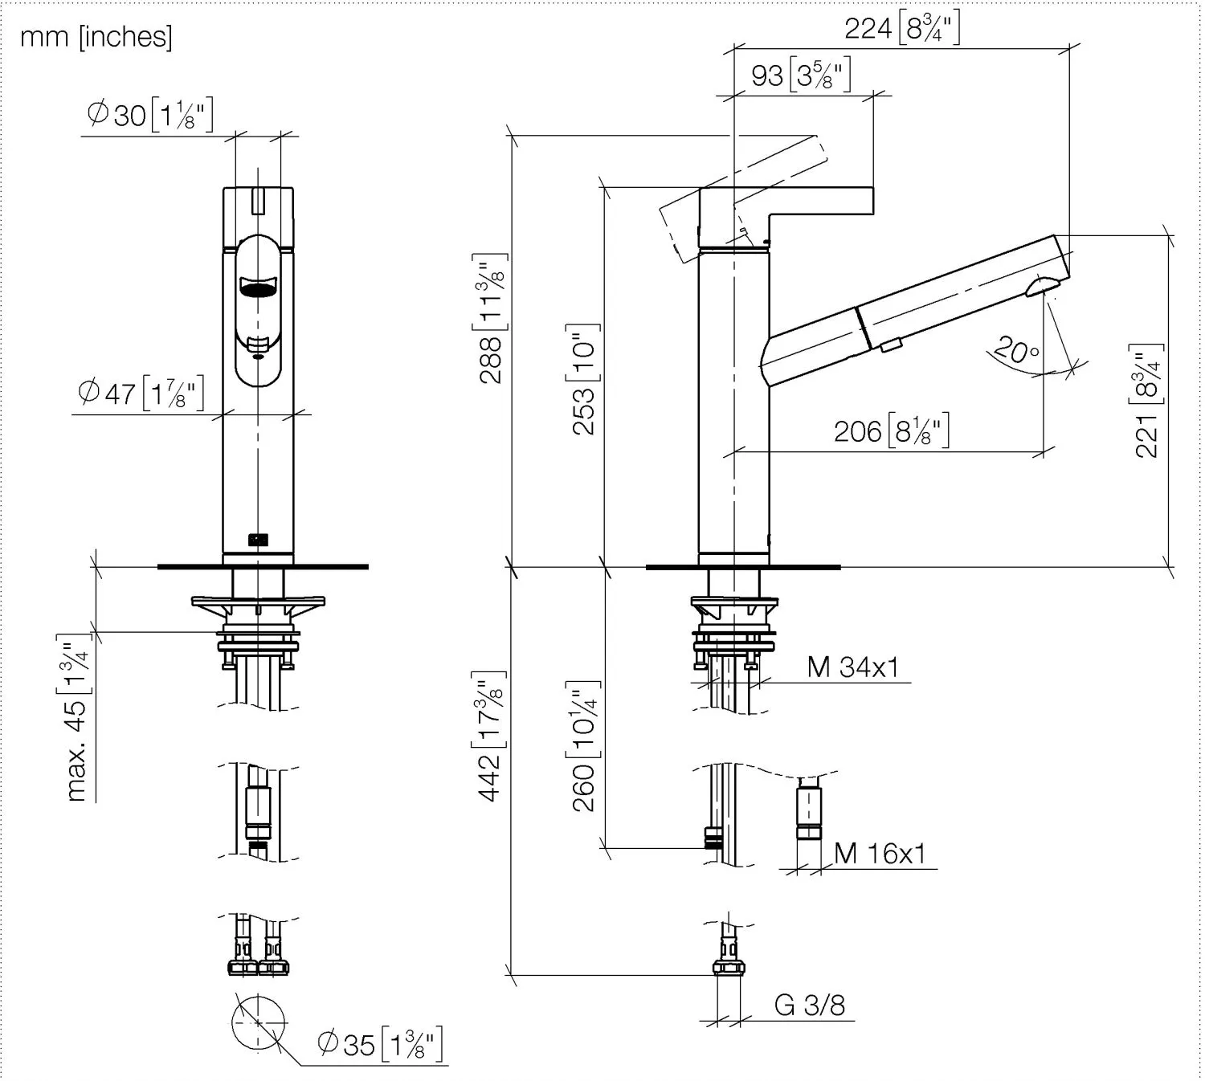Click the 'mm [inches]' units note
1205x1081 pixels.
[x=96, y=38]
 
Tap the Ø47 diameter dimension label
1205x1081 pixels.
[x=141, y=393]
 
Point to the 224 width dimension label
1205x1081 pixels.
[x=902, y=28]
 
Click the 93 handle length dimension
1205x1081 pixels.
[x=801, y=75]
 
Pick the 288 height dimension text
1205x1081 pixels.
[x=492, y=319]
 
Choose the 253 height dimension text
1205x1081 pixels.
[x=584, y=379]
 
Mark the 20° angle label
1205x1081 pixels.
[x=1017, y=349]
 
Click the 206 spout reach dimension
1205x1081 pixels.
[x=892, y=430]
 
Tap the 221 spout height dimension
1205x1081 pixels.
[x=1146, y=401]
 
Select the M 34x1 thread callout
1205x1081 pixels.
[x=853, y=667]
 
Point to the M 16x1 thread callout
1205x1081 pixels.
[x=880, y=854]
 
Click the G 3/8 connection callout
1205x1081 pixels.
[x=810, y=1005]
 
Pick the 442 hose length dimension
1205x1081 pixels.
[x=492, y=736]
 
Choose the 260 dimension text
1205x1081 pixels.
[x=584, y=746]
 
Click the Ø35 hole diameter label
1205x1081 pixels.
[x=381, y=1044]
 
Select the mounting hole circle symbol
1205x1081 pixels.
[x=259, y=1022]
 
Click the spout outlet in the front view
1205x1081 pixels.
[x=259, y=287]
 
